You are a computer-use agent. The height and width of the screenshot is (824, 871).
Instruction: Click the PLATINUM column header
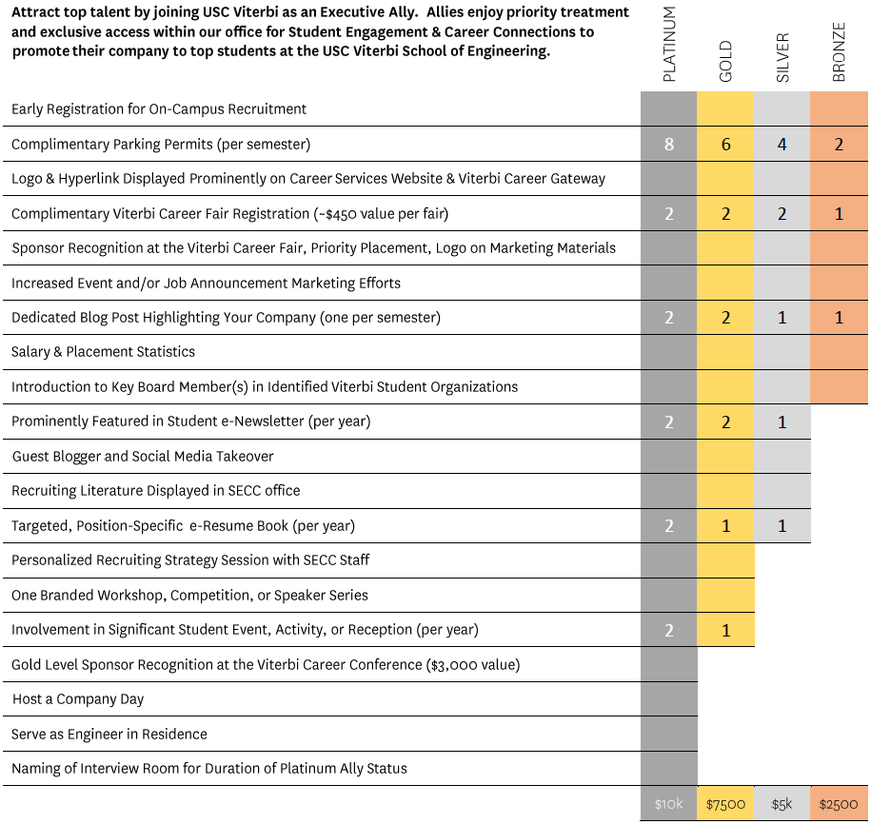point(669,45)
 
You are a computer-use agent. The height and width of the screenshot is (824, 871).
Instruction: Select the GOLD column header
point(726,61)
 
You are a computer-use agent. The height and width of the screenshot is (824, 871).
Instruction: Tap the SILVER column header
point(782,58)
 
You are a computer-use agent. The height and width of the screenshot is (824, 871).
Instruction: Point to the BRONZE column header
point(840,52)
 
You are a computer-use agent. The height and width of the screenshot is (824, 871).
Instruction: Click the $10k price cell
point(669,804)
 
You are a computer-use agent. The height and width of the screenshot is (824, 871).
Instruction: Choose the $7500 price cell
point(725,804)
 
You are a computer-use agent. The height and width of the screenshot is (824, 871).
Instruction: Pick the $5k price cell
point(782,804)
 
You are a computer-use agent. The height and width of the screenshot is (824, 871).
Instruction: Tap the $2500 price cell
point(839,804)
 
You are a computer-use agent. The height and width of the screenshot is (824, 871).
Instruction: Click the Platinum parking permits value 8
point(669,145)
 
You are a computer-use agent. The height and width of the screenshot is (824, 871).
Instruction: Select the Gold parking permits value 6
point(726,145)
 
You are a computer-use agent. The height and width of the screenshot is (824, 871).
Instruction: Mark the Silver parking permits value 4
point(782,145)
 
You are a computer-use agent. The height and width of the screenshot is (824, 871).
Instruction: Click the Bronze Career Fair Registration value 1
point(839,214)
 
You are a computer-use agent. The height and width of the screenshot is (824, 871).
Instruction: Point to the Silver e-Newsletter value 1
point(782,422)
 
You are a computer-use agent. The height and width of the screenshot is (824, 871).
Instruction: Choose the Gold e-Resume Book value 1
point(726,526)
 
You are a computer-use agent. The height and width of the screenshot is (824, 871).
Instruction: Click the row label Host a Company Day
point(78,699)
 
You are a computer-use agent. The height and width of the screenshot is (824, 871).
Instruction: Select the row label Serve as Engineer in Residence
point(109,734)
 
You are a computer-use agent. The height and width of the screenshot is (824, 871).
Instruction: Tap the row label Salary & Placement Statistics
point(104,351)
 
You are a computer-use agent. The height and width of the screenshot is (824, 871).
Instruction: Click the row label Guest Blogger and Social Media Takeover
point(143,457)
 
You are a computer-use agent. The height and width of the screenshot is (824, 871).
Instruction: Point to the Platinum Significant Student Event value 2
point(669,630)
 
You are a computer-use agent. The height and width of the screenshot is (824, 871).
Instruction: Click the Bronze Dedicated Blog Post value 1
point(839,318)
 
